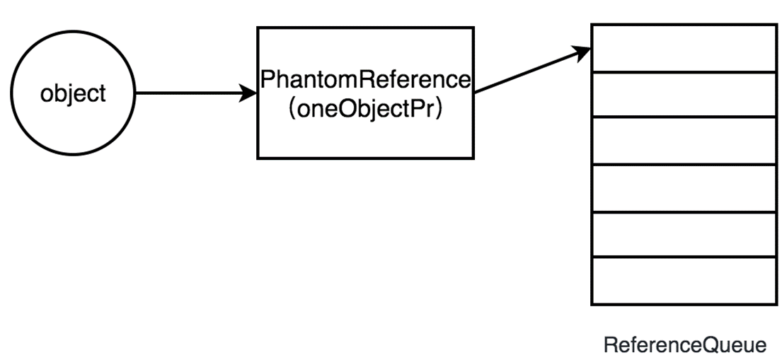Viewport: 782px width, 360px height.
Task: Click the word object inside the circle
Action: pos(73,93)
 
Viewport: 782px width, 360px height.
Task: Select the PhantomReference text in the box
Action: pos(365,79)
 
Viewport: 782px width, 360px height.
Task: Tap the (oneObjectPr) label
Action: pos(365,110)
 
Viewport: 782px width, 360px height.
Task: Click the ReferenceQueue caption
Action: pos(684,345)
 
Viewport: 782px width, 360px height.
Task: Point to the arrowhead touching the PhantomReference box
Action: pos(249,93)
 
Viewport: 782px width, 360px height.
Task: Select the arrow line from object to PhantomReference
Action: pos(191,93)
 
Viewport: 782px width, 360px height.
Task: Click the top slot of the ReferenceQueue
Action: pos(683,48)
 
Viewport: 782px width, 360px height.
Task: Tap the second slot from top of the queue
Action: pos(683,95)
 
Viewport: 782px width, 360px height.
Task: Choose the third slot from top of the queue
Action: pos(683,141)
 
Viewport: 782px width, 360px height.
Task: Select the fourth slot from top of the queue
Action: pos(683,188)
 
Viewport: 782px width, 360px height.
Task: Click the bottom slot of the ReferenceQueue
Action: pos(683,281)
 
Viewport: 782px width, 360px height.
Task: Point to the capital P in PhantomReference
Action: pos(267,79)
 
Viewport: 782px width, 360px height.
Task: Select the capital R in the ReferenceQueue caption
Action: pos(609,345)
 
